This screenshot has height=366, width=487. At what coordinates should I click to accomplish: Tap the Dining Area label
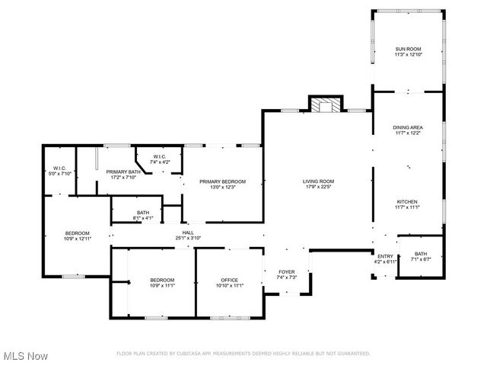coord(407,127)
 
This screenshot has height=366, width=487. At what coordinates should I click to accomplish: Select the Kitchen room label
coord(407,202)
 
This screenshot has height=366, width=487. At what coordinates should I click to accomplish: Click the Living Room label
coord(320,181)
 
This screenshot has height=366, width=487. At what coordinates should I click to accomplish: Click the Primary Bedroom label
coord(222,181)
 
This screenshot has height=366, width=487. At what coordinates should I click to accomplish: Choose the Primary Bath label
coord(123,172)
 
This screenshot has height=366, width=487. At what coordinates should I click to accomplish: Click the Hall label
coord(187,233)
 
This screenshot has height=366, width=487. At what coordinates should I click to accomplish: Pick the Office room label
coord(229,280)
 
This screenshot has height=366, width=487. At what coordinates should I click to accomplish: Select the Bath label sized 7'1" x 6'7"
coord(420,254)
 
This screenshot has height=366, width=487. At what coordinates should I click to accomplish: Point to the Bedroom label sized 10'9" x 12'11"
coord(77,233)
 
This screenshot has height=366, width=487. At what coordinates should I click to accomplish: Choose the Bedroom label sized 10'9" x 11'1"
coord(161,280)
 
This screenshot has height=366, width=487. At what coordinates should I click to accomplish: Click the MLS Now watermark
coord(27,356)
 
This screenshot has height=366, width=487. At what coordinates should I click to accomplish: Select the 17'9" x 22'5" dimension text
coord(320,186)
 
